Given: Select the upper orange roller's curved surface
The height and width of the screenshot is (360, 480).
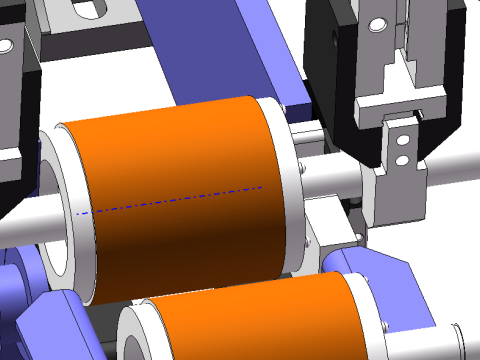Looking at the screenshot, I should pyautogui.click(x=180, y=150).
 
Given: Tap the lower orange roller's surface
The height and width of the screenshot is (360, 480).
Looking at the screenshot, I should pyautogui.click(x=250, y=320).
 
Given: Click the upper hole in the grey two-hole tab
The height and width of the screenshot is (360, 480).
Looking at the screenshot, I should pyautogui.click(x=401, y=140).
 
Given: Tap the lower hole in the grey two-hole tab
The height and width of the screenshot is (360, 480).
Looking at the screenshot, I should pyautogui.click(x=401, y=158).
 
